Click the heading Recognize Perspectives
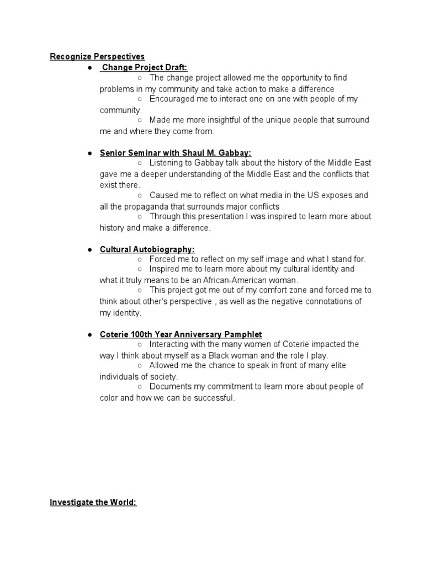(97, 56)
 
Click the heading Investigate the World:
(93, 503)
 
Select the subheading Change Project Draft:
(145, 67)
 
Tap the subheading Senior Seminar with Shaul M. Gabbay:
(175, 152)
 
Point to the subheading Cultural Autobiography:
(147, 249)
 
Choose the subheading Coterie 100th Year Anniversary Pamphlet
(181, 334)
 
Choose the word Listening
(167, 163)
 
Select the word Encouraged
(173, 99)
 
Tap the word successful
(216, 398)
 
